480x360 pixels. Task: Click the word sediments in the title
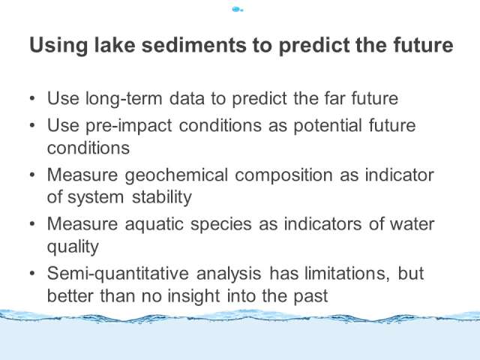pyautogui.click(x=194, y=45)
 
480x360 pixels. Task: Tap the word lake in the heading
pyautogui.click(x=115, y=45)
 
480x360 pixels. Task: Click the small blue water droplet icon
pyautogui.click(x=238, y=10)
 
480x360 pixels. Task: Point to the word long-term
pyautogui.click(x=124, y=99)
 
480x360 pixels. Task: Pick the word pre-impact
pyautogui.click(x=128, y=126)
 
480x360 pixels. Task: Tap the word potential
pyautogui.click(x=328, y=126)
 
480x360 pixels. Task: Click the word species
pyautogui.click(x=221, y=225)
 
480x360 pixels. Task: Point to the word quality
pyautogui.click(x=73, y=247)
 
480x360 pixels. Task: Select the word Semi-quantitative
pyautogui.click(x=118, y=274)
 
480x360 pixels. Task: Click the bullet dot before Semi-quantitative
pyautogui.click(x=32, y=273)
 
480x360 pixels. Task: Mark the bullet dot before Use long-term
pyautogui.click(x=32, y=98)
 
